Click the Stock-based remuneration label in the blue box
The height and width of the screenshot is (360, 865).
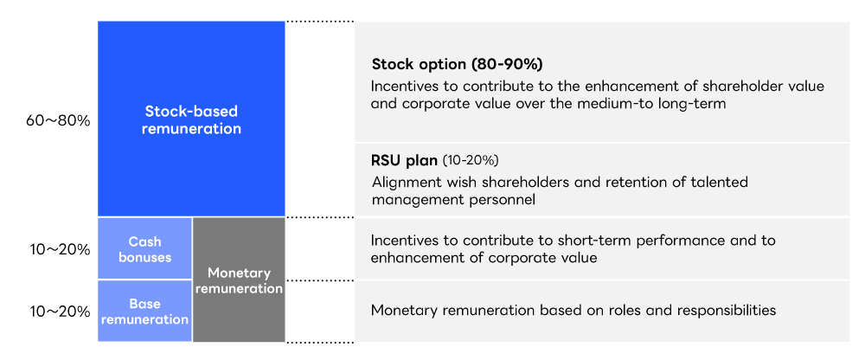click(191, 120)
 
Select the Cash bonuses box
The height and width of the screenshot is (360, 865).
click(144, 249)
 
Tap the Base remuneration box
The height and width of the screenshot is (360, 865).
click(144, 312)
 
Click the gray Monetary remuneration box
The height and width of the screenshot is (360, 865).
click(239, 280)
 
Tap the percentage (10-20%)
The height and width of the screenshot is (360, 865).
click(471, 161)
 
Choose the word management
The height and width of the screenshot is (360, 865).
click(410, 199)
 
